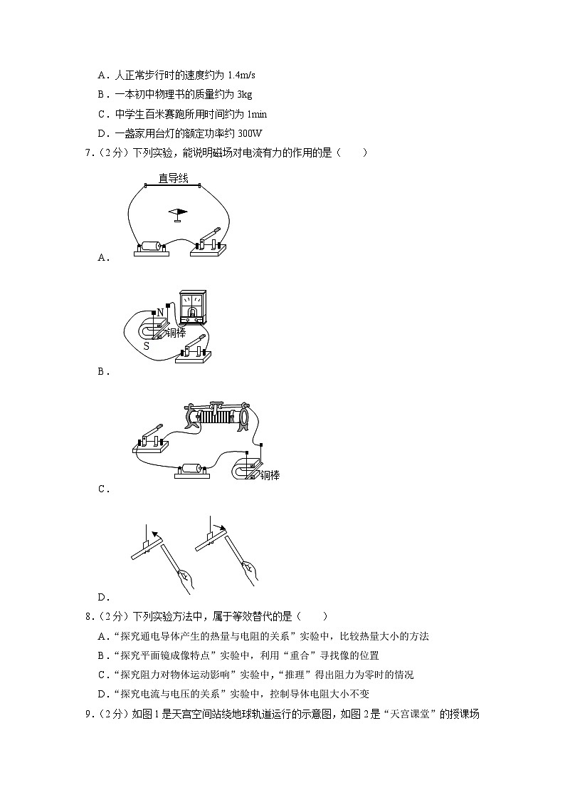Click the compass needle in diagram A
click(x=178, y=212)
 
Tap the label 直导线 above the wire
click(x=173, y=180)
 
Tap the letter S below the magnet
click(x=146, y=346)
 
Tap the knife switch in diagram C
click(x=150, y=441)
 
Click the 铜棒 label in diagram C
click(x=270, y=474)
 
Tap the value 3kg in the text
click(x=243, y=94)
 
